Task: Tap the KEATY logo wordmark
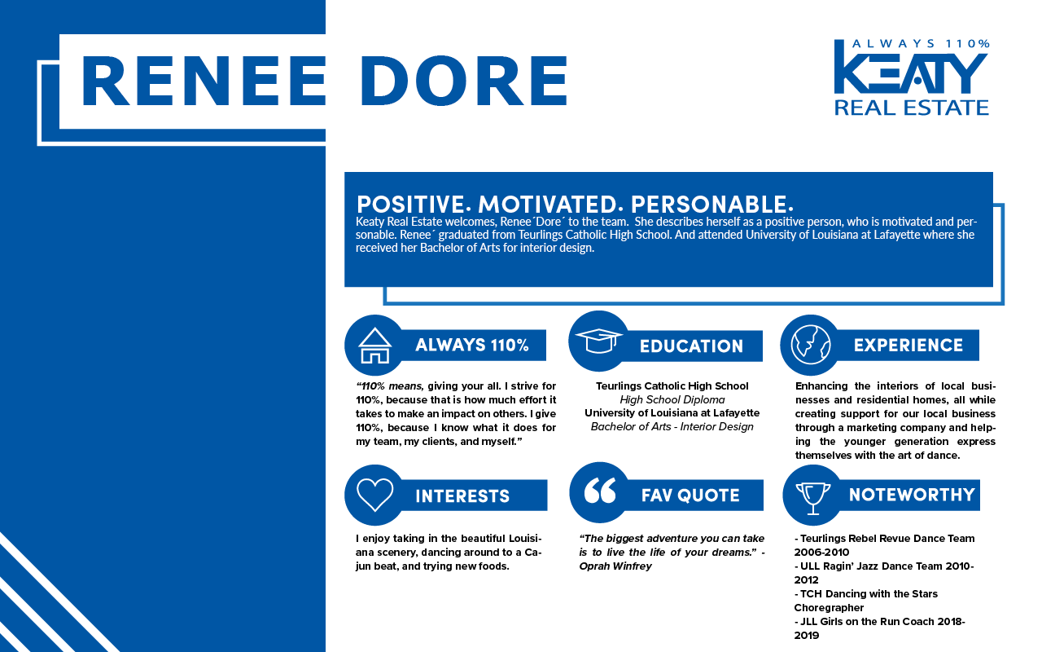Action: (911, 73)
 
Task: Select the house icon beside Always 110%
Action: (375, 345)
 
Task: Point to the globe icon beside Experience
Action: (810, 344)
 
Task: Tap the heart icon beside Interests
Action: (375, 495)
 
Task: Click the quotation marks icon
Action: (600, 492)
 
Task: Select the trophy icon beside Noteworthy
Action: (812, 495)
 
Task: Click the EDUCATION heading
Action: (691, 346)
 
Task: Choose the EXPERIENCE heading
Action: (908, 346)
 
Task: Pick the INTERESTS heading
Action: (462, 496)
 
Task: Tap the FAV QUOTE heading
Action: (690, 496)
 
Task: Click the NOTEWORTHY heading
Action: (911, 495)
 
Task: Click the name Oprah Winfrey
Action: (615, 566)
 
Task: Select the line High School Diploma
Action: (672, 399)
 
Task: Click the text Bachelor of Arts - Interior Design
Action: (672, 426)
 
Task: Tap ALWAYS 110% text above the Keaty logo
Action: (920, 43)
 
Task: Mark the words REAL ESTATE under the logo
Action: (911, 107)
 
